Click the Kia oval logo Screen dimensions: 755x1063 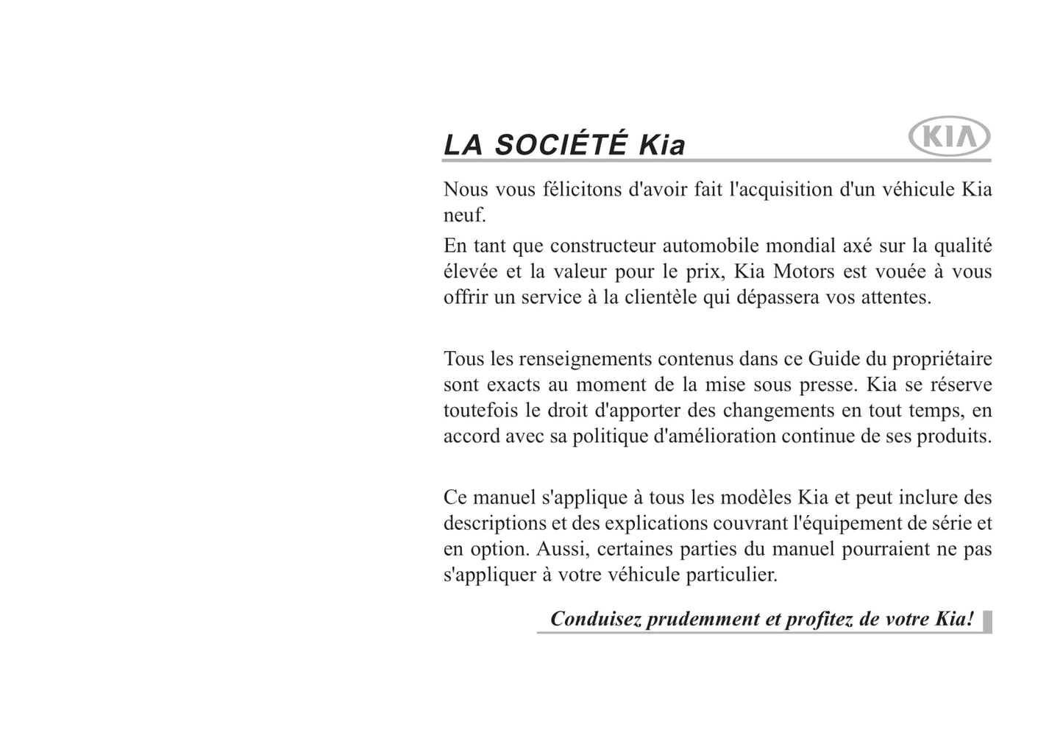[x=950, y=138]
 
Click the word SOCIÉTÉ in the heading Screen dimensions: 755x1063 [x=561, y=144]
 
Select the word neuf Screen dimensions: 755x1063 [x=463, y=216]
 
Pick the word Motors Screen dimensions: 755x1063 [x=803, y=272]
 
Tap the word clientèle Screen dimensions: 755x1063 [x=661, y=297]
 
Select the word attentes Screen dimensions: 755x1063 [x=896, y=297]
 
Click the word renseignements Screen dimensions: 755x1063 [x=585, y=359]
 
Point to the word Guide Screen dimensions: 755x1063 [x=833, y=359]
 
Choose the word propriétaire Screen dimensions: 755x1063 [x=942, y=359]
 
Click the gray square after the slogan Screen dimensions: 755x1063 [x=987, y=621]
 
